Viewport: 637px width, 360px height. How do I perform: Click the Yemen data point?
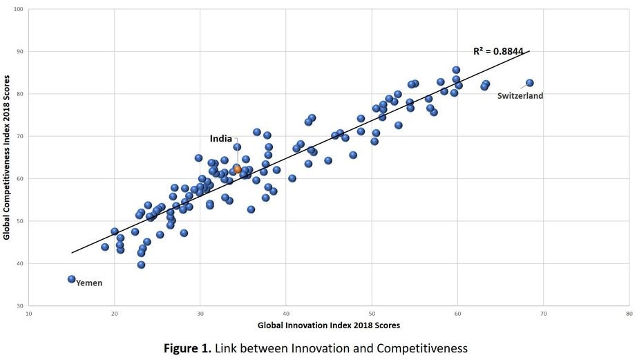[71, 279]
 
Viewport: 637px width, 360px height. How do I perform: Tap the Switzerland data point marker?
[530, 83]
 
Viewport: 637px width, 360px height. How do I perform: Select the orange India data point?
[238, 169]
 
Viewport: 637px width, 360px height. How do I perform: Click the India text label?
[221, 139]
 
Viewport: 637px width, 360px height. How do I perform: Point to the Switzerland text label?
[520, 96]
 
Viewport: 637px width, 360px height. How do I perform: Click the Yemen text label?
[88, 283]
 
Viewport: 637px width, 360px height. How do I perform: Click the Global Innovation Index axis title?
[329, 325]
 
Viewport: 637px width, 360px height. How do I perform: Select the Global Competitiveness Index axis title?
[6, 158]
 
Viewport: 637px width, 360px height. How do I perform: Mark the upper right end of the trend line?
[529, 51]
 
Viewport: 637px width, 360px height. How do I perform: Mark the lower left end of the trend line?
[72, 253]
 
